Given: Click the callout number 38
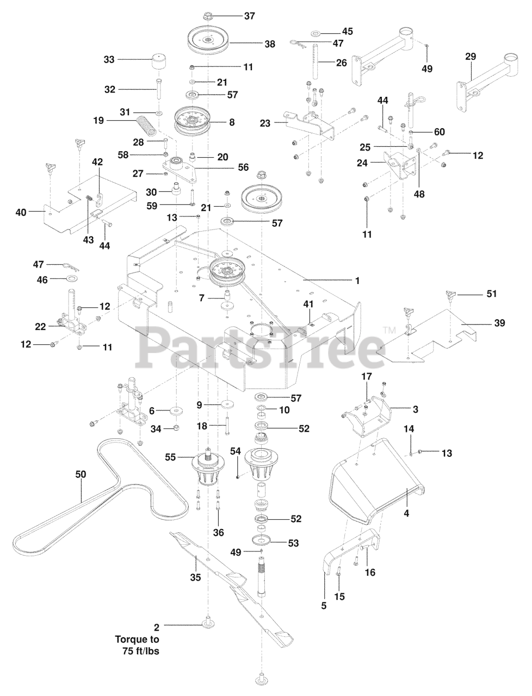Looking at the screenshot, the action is [270, 45].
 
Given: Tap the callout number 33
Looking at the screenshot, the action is [109, 59].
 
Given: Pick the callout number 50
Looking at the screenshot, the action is [81, 474].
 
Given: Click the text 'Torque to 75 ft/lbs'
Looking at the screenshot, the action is [137, 645].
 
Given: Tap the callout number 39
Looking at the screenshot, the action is [499, 323].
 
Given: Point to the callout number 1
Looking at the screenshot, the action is [357, 281].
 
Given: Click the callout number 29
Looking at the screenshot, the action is [471, 57].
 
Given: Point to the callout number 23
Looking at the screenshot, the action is [265, 123].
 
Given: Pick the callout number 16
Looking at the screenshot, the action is [369, 572].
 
